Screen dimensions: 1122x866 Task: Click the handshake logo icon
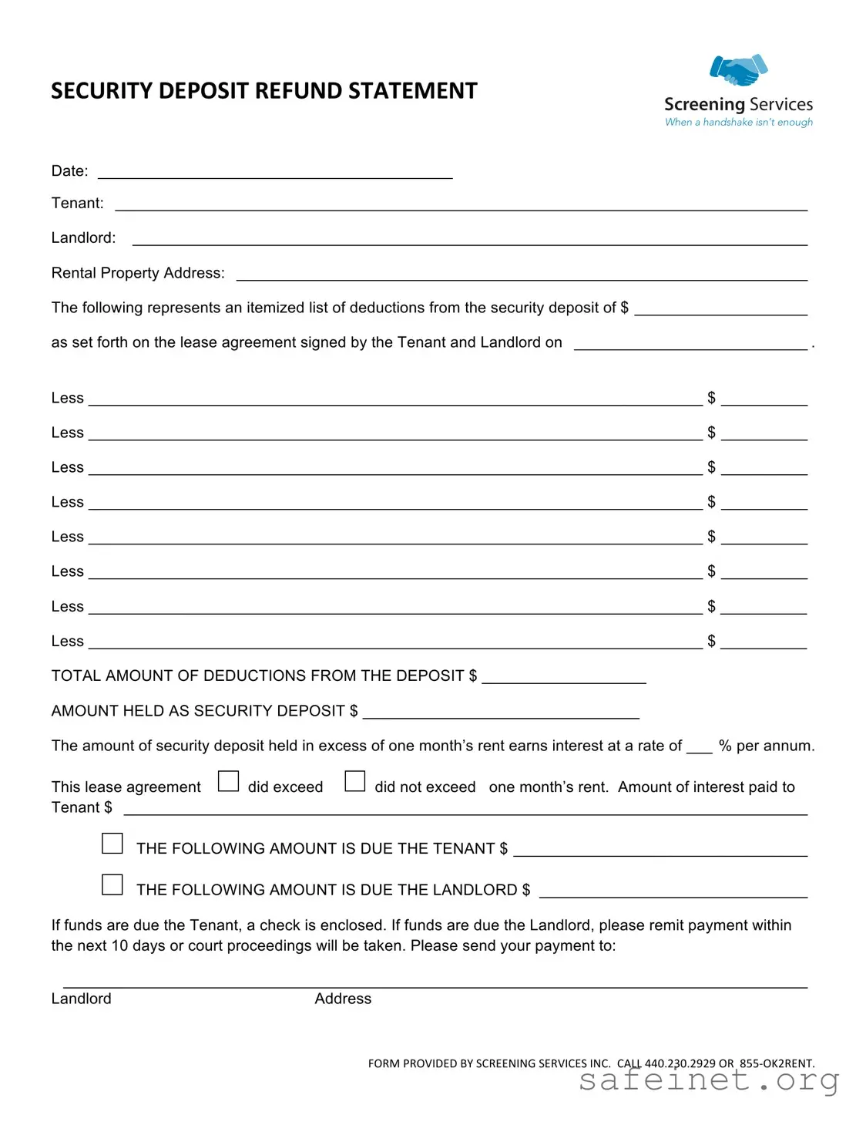[738, 70]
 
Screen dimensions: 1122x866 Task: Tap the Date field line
[274, 173]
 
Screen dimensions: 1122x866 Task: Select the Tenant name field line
[461, 205]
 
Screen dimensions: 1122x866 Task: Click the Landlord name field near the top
[469, 240]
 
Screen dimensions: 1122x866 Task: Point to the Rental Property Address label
[138, 273]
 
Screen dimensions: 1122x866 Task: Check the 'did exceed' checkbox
[228, 782]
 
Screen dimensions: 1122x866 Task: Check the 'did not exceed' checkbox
[354, 782]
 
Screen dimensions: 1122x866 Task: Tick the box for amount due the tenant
[112, 844]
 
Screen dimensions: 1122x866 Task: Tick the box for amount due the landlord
[112, 884]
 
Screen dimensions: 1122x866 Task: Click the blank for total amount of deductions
[563, 678]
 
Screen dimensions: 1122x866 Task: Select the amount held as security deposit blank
[500, 713]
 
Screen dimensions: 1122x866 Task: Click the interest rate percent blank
[699, 747]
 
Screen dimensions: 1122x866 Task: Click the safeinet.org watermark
[708, 1080]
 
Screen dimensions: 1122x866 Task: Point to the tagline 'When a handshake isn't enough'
[738, 122]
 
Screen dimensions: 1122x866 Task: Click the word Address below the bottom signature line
[343, 999]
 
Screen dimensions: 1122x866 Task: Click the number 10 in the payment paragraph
[119, 946]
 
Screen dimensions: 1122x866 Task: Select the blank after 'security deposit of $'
[720, 310]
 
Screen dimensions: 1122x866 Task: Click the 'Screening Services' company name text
[738, 104]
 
